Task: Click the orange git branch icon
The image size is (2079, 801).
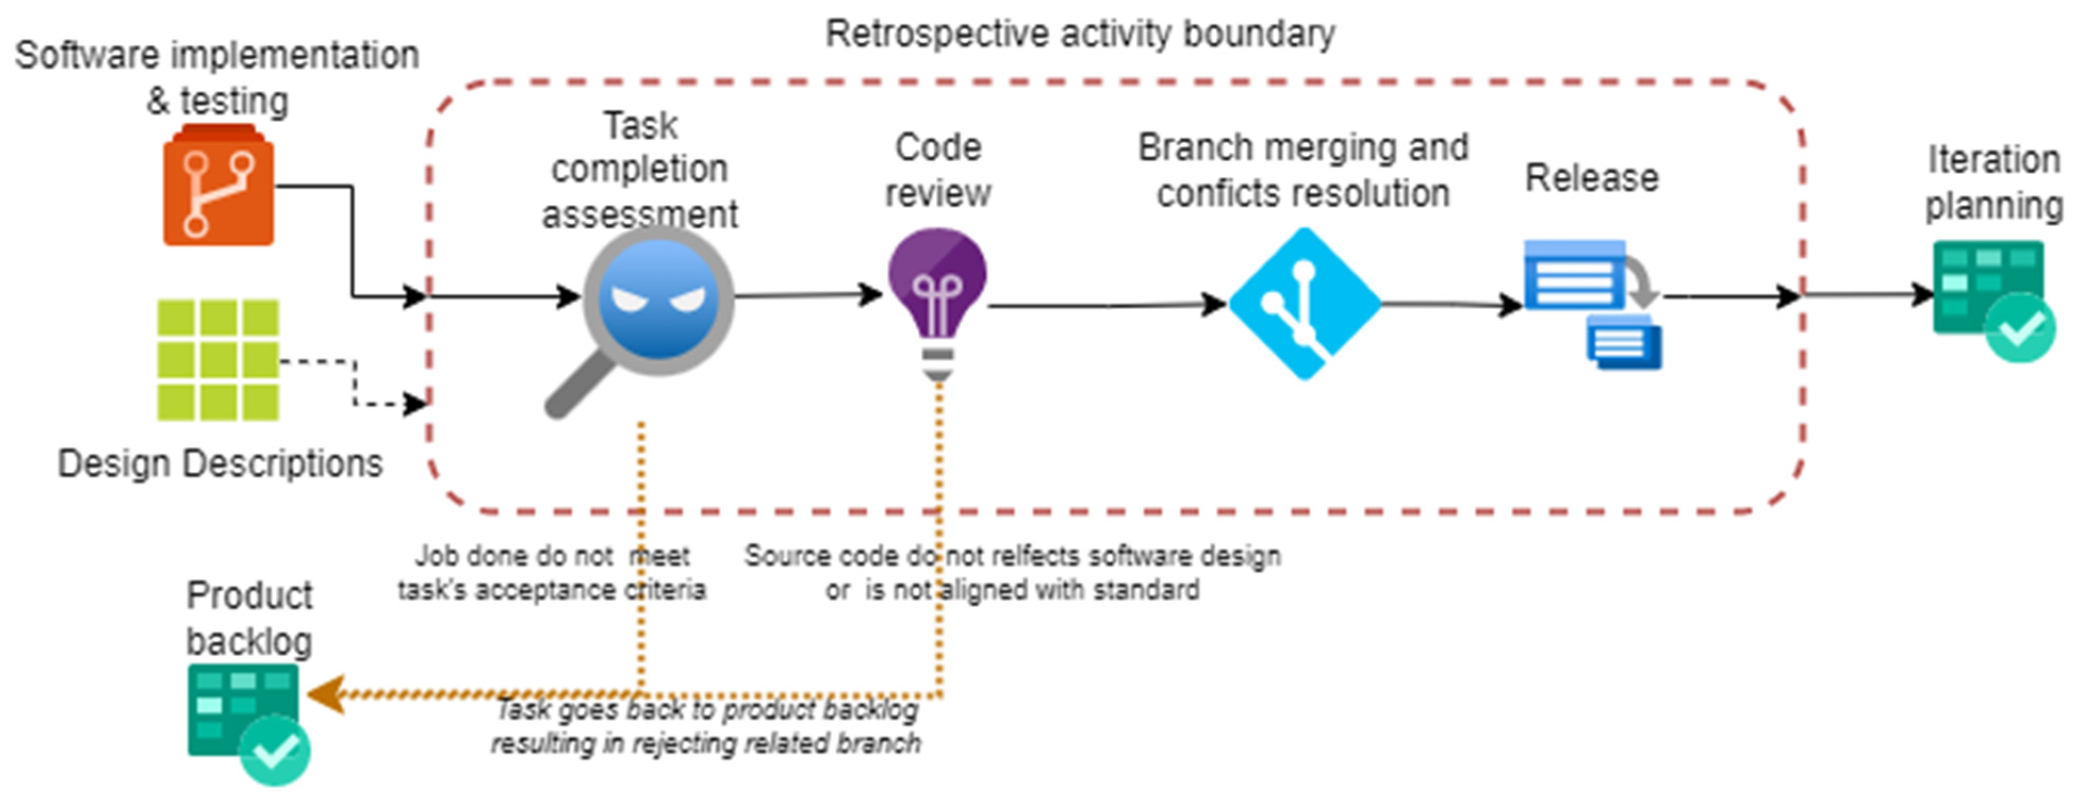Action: click(x=218, y=187)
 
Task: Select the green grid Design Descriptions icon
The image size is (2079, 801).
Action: click(x=218, y=360)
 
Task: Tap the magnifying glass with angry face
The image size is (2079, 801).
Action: click(x=658, y=303)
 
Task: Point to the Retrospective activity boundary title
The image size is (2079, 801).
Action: click(x=1080, y=35)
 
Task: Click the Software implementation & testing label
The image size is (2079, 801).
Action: click(x=216, y=78)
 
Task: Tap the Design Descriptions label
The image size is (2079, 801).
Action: click(x=219, y=464)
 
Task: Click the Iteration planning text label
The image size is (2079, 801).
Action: click(x=1993, y=182)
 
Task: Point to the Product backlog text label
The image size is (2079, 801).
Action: click(x=249, y=618)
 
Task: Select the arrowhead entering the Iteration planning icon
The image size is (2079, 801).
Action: click(x=1923, y=295)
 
